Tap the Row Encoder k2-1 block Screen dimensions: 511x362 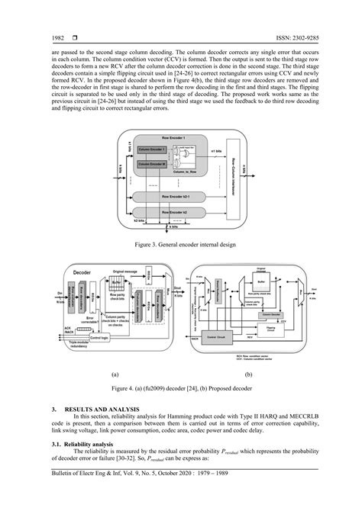pos(180,196)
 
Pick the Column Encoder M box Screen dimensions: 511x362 pos(153,164)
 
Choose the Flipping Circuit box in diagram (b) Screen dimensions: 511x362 pos(272,329)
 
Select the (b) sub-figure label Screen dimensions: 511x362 pos(248,375)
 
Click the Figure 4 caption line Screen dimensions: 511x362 pos(181,387)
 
